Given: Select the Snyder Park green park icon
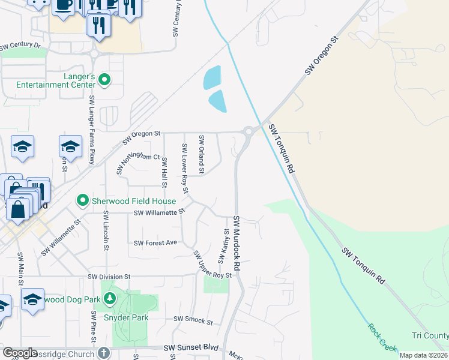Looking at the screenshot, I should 109,298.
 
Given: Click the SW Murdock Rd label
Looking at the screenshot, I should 237,242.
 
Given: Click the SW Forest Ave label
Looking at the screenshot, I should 156,243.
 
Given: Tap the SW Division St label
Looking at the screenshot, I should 109,277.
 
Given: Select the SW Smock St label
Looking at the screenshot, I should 193,322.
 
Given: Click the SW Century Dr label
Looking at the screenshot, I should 20,46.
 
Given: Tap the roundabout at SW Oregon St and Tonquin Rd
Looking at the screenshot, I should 248,131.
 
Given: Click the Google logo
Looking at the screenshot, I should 20,353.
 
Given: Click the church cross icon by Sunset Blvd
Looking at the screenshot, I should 104,353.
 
